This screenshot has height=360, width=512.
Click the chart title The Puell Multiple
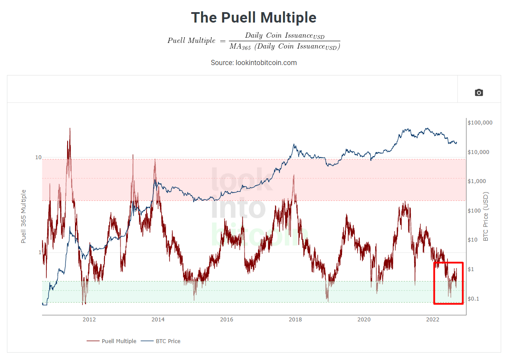(254, 18)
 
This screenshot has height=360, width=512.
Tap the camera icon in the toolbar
(479, 92)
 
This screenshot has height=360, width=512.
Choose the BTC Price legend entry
(167, 341)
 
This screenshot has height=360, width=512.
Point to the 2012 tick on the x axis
(89, 320)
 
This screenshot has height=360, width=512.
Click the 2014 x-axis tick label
(158, 320)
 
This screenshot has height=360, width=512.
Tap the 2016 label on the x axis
(227, 320)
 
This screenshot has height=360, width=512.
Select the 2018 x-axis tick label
(295, 320)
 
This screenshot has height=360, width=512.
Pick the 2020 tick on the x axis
(364, 320)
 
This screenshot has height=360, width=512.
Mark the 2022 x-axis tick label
(433, 320)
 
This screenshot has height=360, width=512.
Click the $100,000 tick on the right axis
(480, 123)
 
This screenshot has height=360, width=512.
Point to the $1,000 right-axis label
(477, 181)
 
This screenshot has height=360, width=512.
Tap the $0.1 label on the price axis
(474, 299)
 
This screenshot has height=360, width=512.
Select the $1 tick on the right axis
(472, 269)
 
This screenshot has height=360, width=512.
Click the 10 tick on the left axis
(38, 157)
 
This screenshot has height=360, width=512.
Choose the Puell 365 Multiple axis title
(24, 216)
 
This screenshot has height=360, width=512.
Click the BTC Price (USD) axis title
(486, 216)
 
